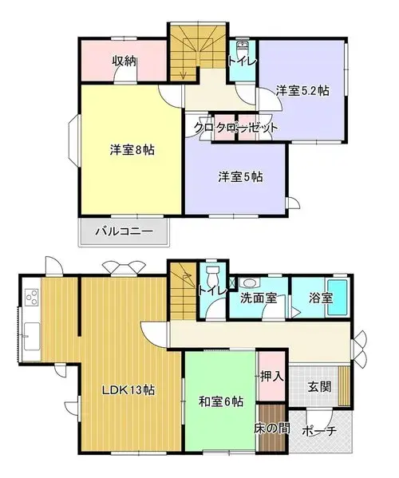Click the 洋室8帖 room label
click(132, 150)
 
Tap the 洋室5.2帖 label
click(302, 90)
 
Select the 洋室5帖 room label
click(240, 177)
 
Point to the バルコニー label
click(124, 231)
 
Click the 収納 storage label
click(124, 61)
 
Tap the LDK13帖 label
click(128, 390)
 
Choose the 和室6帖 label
click(221, 401)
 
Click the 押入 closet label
click(272, 377)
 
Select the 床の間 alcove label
click(272, 429)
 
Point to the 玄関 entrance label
click(319, 387)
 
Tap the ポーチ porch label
click(319, 431)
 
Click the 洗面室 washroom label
click(259, 298)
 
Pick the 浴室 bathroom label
click(321, 298)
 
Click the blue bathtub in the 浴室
click(338, 298)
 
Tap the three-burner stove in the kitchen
click(32, 297)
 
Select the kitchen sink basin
click(32, 336)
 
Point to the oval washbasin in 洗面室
click(249, 282)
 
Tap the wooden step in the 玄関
click(344, 385)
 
